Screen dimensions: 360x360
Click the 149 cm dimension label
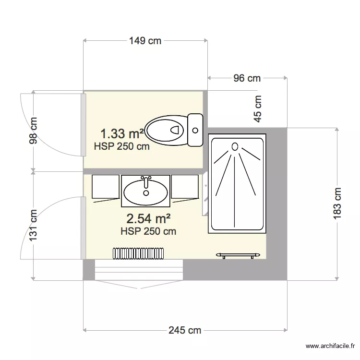coord(145,41)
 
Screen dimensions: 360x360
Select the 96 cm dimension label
coord(247,78)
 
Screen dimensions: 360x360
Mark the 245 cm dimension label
coord(185,330)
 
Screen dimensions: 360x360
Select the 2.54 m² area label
coord(148,219)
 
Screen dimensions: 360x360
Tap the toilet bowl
coord(166,130)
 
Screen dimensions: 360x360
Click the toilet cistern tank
coord(195,130)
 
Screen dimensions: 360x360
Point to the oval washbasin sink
coord(145,192)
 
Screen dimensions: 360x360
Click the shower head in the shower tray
coord(235,146)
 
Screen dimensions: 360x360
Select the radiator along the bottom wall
coord(139,252)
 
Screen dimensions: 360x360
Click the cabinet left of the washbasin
coord(105,186)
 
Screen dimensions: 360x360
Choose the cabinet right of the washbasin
coord(185,186)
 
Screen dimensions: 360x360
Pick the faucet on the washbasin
coord(146,180)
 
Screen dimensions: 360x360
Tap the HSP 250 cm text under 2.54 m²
coord(148,231)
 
